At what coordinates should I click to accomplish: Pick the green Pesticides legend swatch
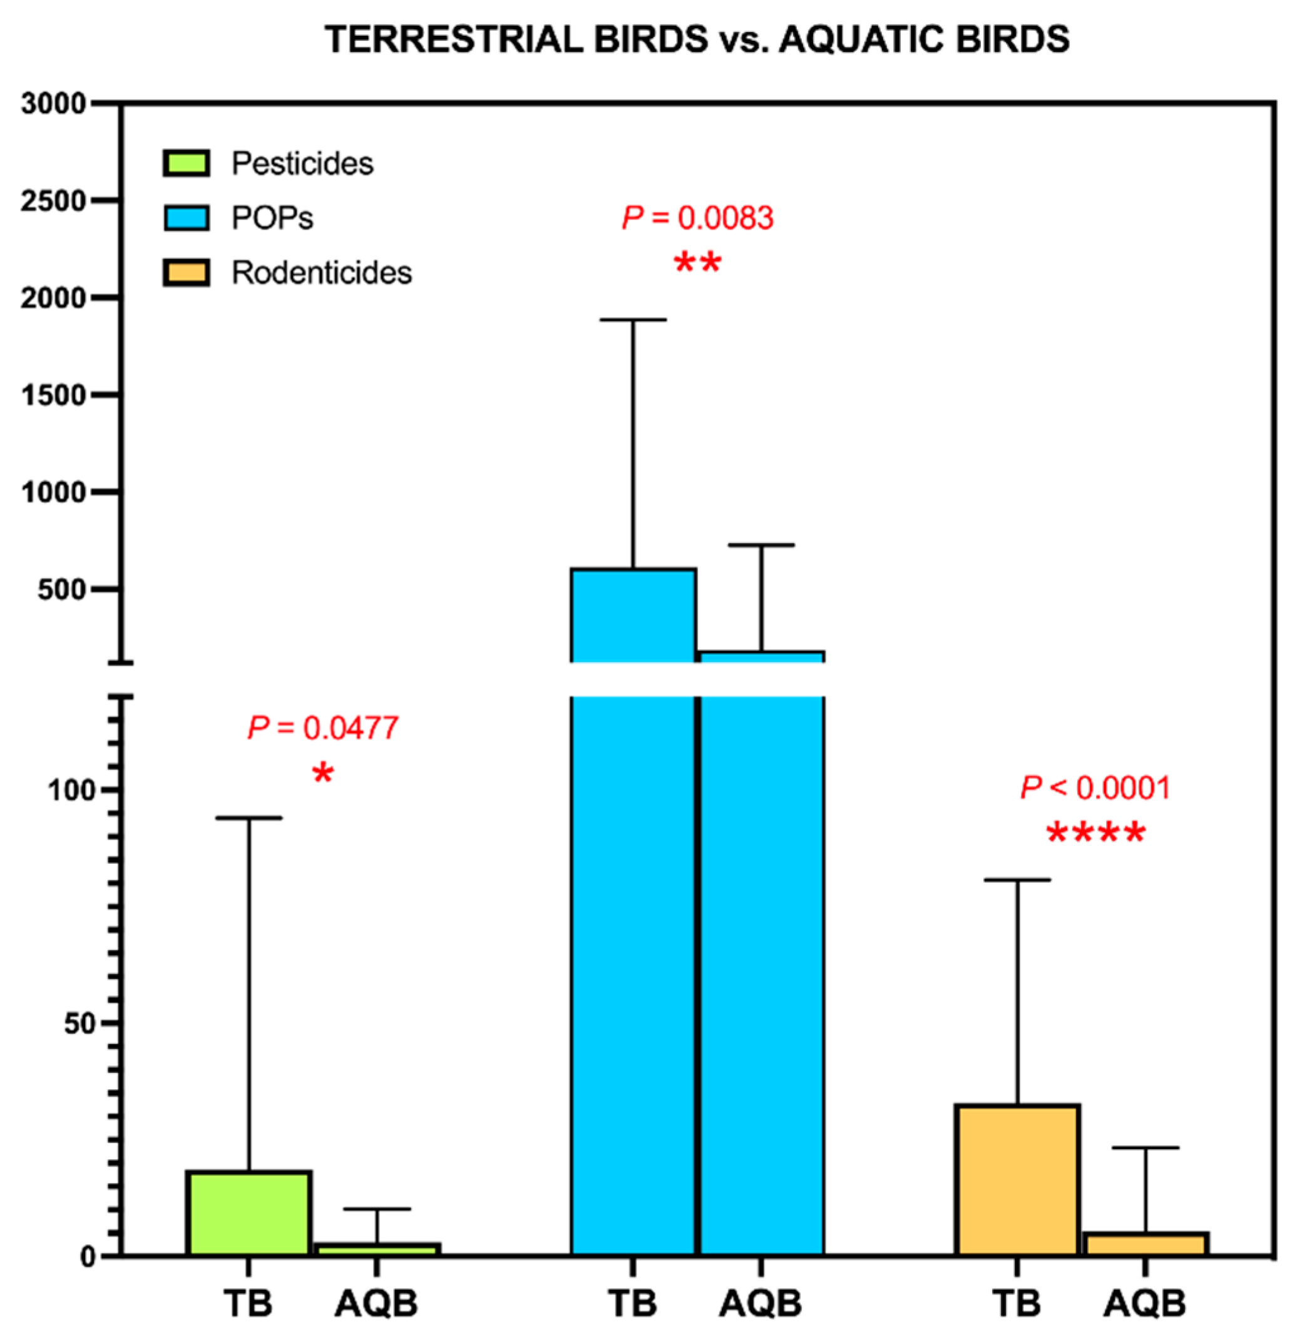pyautogui.click(x=186, y=163)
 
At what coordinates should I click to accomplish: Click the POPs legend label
pyautogui.click(x=272, y=218)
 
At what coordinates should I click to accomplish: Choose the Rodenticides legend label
pyautogui.click(x=322, y=273)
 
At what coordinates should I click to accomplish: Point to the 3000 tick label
pyautogui.click(x=53, y=104)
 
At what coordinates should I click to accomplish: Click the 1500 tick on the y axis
pyautogui.click(x=53, y=395)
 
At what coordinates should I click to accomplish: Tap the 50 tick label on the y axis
pyautogui.click(x=78, y=1024)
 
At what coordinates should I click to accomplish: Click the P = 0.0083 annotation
pyautogui.click(x=697, y=218)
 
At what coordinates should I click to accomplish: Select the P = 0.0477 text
pyautogui.click(x=322, y=728)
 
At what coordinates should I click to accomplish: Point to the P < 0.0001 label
pyautogui.click(x=1095, y=788)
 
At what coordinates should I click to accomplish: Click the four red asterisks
pyautogui.click(x=1095, y=833)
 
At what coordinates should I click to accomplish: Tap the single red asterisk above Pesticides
pyautogui.click(x=322, y=774)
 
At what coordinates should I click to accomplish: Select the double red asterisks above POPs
pyautogui.click(x=697, y=263)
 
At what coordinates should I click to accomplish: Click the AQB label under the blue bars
pyautogui.click(x=760, y=1304)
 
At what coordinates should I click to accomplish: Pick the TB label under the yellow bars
pyautogui.click(x=1017, y=1304)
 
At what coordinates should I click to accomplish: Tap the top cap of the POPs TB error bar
pyautogui.click(x=633, y=319)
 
